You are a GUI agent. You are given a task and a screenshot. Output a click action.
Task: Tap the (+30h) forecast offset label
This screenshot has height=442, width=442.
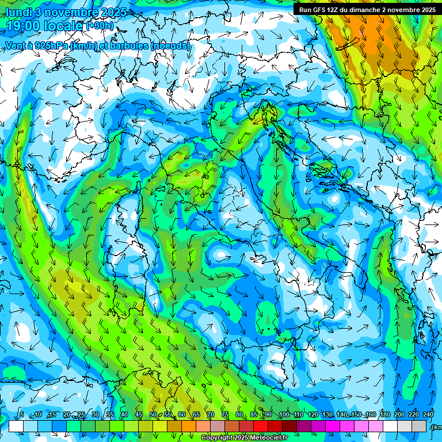(100, 26)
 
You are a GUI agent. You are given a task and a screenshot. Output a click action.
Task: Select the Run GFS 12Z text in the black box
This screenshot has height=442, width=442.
(320, 10)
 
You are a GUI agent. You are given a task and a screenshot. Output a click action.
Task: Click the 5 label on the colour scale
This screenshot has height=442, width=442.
(22, 414)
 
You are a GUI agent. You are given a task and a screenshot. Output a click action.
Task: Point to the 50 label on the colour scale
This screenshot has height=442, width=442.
(153, 414)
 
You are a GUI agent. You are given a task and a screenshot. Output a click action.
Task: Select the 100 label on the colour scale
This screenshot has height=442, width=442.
(284, 414)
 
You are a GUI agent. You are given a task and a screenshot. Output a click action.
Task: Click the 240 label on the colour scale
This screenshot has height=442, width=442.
(428, 414)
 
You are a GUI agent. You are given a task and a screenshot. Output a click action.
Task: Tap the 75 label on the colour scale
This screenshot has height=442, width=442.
(225, 414)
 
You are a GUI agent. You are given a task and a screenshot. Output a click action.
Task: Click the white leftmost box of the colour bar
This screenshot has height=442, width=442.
(16, 426)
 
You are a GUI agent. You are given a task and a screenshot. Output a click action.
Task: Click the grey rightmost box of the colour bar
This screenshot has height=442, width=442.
(420, 426)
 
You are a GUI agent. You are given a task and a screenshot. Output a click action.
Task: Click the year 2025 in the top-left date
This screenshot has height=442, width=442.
(113, 12)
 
